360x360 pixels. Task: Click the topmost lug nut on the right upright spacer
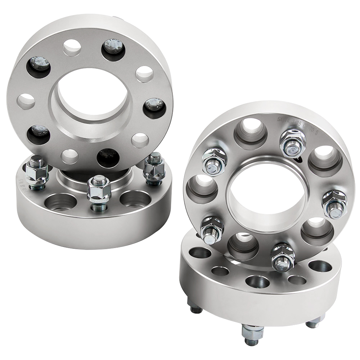[x=292, y=142]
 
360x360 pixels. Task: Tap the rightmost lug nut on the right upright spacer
[x=334, y=203]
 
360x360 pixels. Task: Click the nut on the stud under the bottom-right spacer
[x=252, y=332]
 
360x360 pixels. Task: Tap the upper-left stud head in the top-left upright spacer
[x=38, y=65]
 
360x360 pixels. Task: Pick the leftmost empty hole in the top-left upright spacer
[x=26, y=102]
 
